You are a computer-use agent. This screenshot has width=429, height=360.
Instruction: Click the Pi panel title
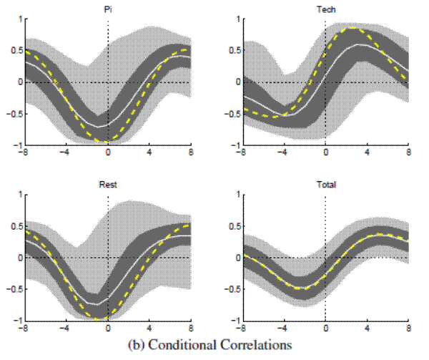click(108, 10)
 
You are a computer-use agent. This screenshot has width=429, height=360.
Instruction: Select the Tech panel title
click(325, 10)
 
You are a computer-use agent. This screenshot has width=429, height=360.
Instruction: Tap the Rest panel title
click(108, 185)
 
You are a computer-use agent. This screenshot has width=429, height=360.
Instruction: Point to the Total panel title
click(325, 185)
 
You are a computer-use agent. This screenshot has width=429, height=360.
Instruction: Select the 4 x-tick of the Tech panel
click(367, 152)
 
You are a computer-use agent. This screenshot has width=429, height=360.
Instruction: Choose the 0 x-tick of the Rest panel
click(108, 328)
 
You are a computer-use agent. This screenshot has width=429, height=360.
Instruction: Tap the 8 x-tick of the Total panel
click(408, 328)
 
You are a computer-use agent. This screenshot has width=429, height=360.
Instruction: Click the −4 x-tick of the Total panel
click(283, 328)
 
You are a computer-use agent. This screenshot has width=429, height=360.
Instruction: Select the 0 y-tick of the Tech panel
click(235, 82)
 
